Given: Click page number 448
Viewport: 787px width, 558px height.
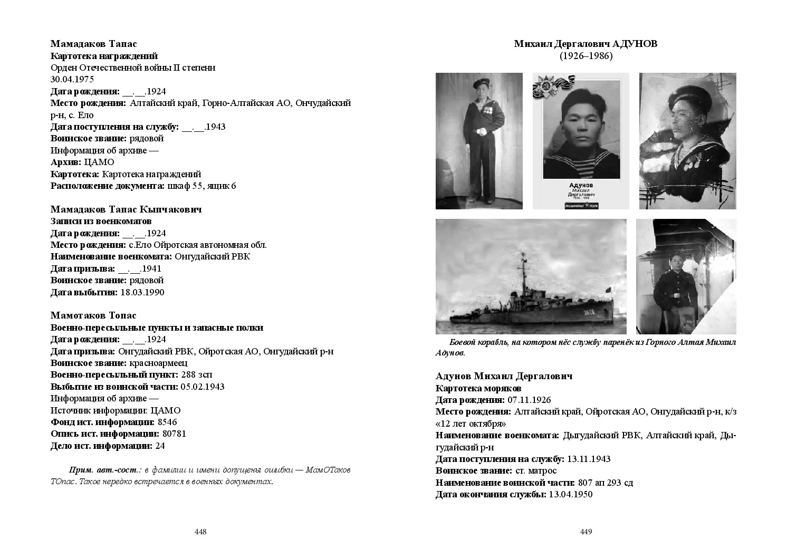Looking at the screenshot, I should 200,532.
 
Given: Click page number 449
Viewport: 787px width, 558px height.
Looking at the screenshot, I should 586,532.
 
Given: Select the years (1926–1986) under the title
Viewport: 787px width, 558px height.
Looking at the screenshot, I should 586,56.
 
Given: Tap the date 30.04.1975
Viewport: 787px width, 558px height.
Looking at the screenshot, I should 72,80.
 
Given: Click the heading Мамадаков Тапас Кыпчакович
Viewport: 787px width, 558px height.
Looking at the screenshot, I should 126,209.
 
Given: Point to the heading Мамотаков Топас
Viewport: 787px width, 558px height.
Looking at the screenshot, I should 93,315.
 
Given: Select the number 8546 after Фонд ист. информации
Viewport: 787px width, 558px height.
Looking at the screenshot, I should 167,422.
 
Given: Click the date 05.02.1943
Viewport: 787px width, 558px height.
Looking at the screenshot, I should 203,387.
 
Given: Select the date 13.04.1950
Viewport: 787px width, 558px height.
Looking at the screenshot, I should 571,494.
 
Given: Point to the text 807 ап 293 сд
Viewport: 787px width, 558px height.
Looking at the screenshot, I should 606,483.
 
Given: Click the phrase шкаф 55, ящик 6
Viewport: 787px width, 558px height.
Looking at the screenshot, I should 201,186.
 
